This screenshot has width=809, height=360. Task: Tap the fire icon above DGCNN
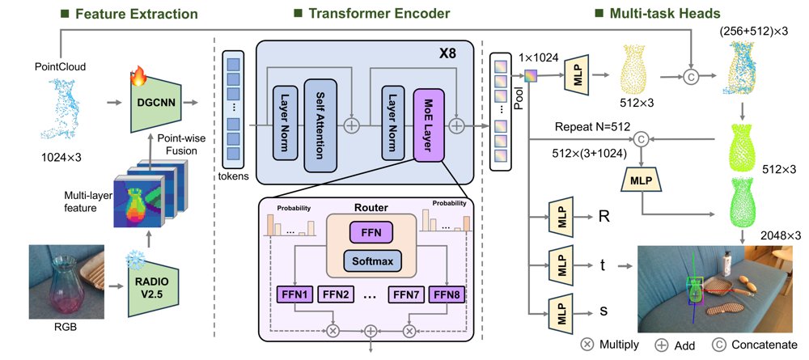[x=139, y=75]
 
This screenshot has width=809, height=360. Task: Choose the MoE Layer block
[x=429, y=126]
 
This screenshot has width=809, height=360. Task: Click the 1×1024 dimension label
[x=540, y=58]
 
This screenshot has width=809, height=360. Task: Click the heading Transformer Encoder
[x=379, y=14]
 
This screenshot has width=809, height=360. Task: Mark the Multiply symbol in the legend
[x=587, y=344]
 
